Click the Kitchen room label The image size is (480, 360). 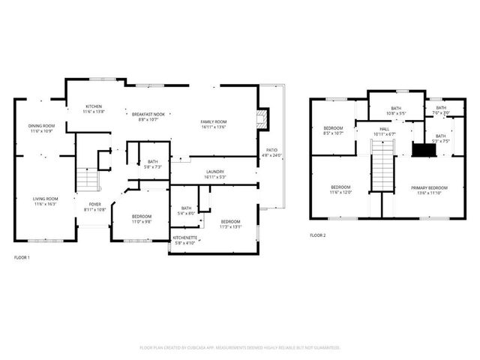tap(93, 106)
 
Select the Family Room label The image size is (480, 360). tap(214, 121)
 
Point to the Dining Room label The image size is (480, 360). tap(41, 126)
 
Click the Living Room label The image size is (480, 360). tap(45, 199)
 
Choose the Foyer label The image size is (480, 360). tap(95, 203)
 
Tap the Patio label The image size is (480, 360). tap(271, 151)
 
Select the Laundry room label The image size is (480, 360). tap(215, 172)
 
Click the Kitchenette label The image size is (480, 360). tap(184, 238)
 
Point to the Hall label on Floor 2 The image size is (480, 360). tap(384, 129)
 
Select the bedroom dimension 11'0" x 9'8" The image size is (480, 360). tap(142, 221)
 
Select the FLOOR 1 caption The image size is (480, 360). tap(22, 257)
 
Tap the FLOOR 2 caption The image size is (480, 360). tap(318, 235)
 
